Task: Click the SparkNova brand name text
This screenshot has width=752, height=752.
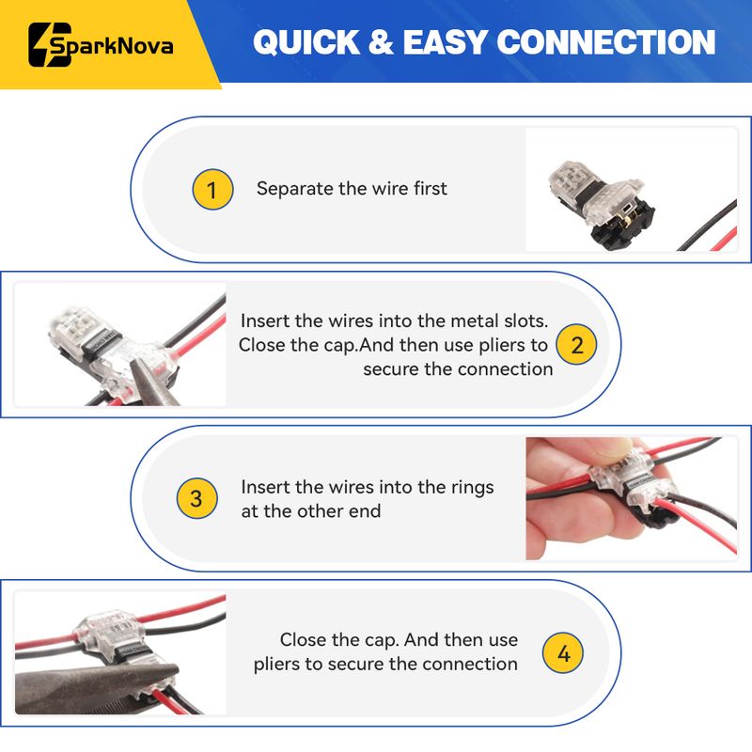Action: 112,46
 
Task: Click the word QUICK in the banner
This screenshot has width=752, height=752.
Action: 306,42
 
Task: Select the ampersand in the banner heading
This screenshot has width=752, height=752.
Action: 382,42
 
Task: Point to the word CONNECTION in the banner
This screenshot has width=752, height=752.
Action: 606,42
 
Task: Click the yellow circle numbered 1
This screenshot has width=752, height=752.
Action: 212,190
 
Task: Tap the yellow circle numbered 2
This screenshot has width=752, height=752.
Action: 576,344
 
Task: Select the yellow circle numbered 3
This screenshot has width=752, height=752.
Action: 196,498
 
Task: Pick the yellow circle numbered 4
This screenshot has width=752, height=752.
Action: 563,652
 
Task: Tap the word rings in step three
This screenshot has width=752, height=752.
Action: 472,488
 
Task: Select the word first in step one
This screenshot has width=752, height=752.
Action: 431,189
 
